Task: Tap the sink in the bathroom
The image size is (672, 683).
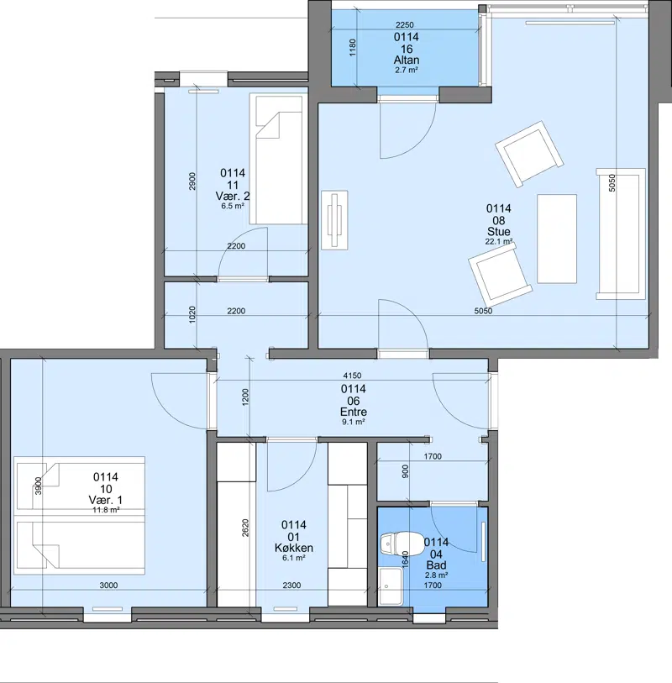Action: pyautogui.click(x=391, y=586)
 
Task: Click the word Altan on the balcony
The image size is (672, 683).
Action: pyautogui.click(x=407, y=60)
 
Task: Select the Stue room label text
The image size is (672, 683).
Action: pyautogui.click(x=499, y=231)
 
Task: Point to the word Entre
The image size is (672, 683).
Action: pyautogui.click(x=354, y=412)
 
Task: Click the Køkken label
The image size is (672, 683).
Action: pyautogui.click(x=293, y=548)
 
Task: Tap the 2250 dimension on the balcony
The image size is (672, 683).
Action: pyautogui.click(x=405, y=25)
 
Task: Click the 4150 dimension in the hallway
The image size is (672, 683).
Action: pyautogui.click(x=352, y=376)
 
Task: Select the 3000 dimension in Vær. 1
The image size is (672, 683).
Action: pyautogui.click(x=108, y=585)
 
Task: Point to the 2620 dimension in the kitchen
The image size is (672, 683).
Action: pyautogui.click(x=245, y=528)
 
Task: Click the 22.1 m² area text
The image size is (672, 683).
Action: pyautogui.click(x=499, y=241)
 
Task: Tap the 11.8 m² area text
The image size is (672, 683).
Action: pyautogui.click(x=106, y=510)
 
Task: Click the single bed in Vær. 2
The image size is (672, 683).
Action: pyautogui.click(x=279, y=159)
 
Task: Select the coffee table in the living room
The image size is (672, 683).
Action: pyautogui.click(x=557, y=239)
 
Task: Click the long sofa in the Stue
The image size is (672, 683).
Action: pyautogui.click(x=621, y=234)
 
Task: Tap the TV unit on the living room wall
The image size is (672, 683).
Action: pyautogui.click(x=334, y=220)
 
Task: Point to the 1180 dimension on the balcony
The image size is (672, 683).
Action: pyautogui.click(x=353, y=47)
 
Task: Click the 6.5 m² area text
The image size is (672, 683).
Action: pyautogui.click(x=233, y=206)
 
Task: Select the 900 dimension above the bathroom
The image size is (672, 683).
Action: pyautogui.click(x=406, y=471)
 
